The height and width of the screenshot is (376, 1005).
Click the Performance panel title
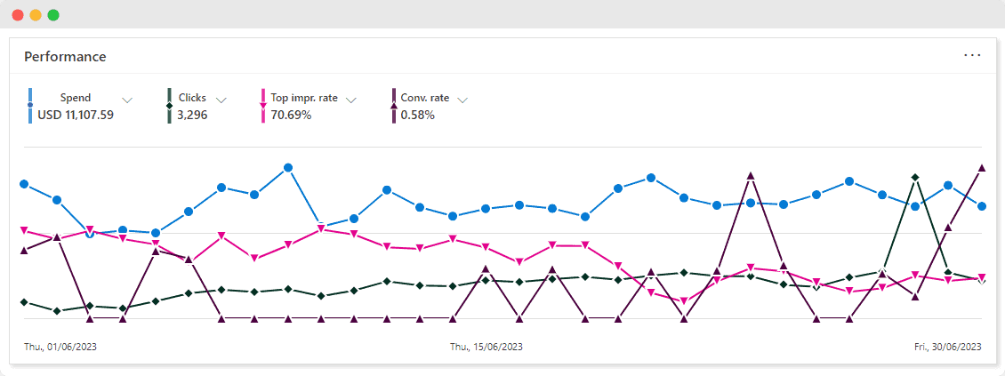tap(65, 57)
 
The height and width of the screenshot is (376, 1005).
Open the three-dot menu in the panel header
tap(972, 55)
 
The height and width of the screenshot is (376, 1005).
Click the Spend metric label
tap(76, 98)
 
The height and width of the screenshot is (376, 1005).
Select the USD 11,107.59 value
tap(76, 115)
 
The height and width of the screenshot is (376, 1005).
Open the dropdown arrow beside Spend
tap(127, 100)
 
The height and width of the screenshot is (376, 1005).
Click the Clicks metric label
tap(192, 98)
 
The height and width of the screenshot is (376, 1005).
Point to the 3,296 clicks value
tap(192, 115)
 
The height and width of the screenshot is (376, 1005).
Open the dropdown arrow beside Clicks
tap(221, 100)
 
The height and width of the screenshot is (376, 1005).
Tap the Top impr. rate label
tap(304, 98)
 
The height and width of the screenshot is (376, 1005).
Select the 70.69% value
tap(291, 115)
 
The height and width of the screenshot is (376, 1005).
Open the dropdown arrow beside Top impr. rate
tap(351, 100)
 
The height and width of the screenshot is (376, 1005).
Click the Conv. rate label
tap(425, 98)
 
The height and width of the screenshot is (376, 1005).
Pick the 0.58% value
tap(417, 115)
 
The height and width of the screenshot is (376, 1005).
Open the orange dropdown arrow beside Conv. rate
tap(462, 100)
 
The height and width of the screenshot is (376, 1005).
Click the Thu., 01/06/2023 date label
tap(60, 347)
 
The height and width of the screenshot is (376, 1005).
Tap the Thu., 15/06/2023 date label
tap(486, 347)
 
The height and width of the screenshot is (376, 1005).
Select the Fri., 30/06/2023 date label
tap(948, 347)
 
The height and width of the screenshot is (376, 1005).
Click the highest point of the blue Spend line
tap(288, 167)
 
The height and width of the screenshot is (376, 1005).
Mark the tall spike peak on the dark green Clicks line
tap(915, 178)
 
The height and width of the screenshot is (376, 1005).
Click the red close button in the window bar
tap(18, 15)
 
